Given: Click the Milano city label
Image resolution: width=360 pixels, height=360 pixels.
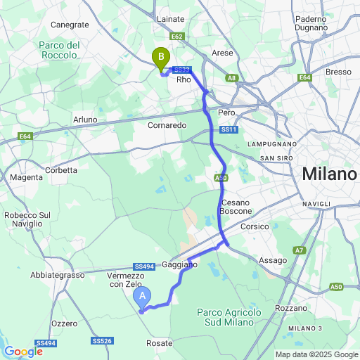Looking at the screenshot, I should tap(328, 174).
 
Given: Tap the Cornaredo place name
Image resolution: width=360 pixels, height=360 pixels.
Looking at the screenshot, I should tap(167, 124).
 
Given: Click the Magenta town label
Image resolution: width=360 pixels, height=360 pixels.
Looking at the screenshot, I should tap(26, 177).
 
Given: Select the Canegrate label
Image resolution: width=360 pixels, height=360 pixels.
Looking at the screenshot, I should tap(70, 25).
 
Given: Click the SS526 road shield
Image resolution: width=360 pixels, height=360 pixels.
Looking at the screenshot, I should tap(102, 341).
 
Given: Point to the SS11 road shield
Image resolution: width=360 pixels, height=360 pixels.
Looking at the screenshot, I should tap(229, 130).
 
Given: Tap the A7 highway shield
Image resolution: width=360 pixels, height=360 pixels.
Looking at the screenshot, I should tap(300, 250).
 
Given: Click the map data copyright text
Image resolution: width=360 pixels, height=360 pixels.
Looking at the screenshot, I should tap(316, 354).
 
